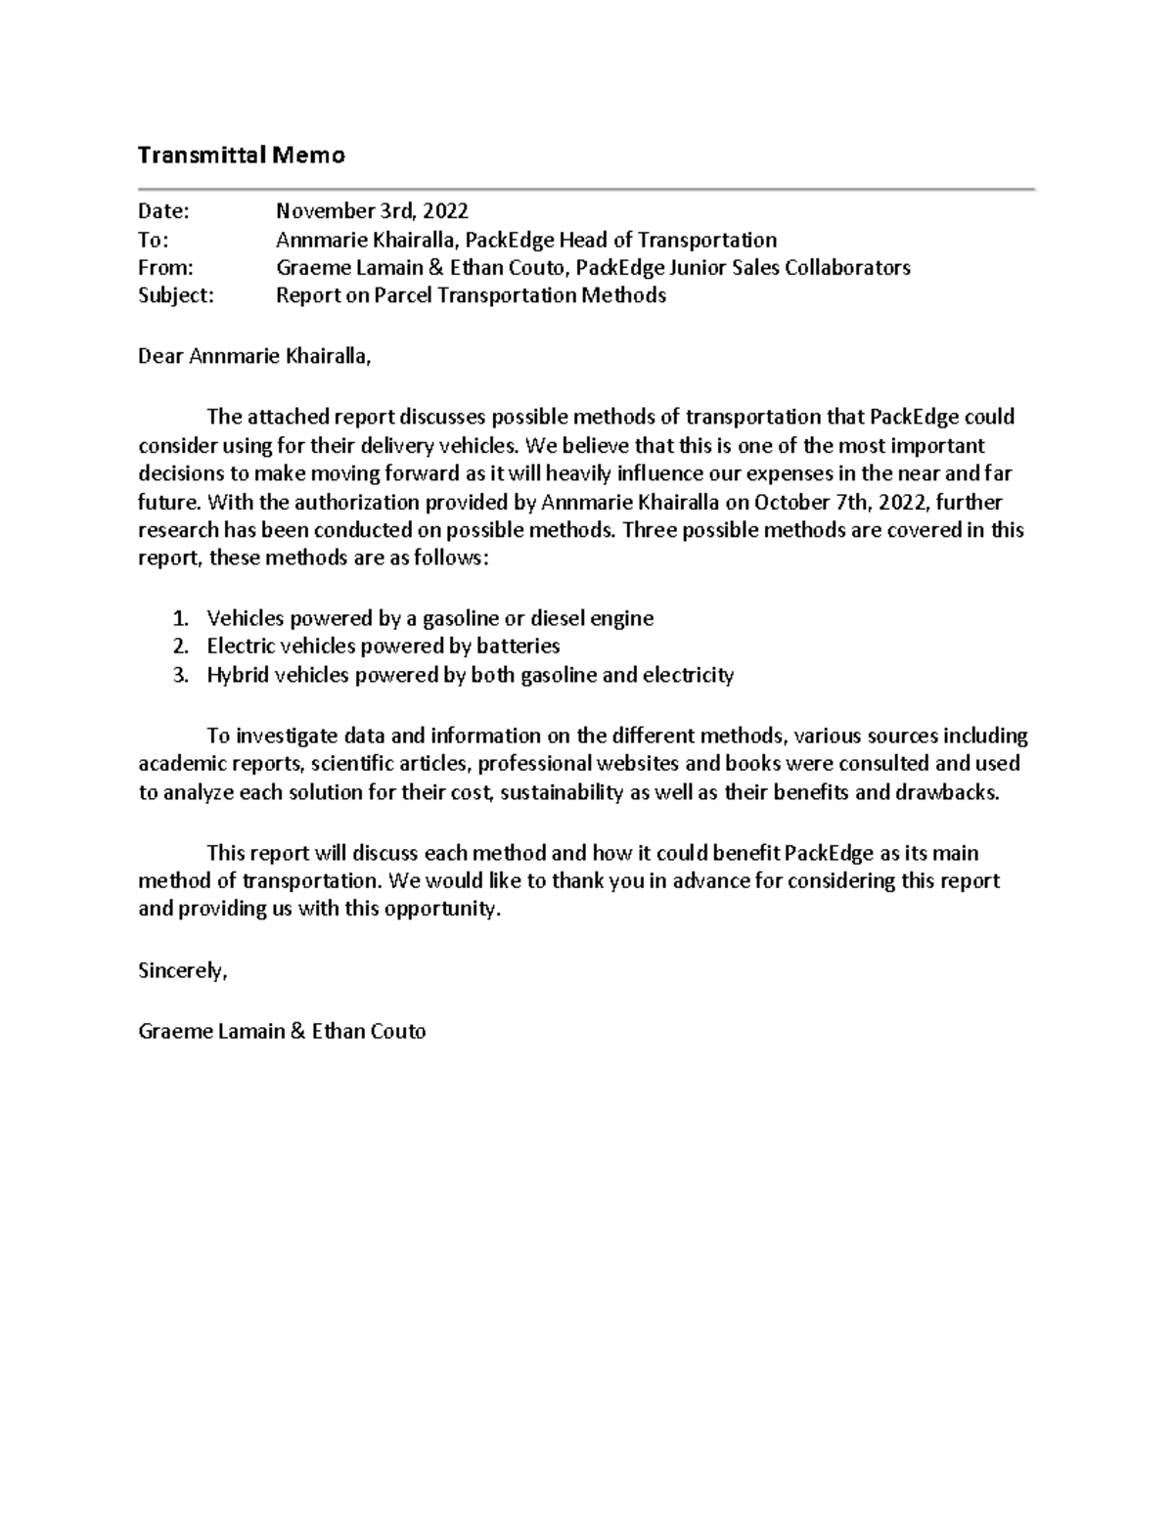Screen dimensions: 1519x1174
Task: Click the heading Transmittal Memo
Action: click(241, 155)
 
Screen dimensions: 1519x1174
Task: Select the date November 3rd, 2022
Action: click(372, 211)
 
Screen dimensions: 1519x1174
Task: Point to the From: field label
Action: click(165, 268)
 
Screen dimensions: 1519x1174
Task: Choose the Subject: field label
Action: click(175, 295)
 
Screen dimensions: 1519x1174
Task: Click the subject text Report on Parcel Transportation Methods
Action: click(471, 295)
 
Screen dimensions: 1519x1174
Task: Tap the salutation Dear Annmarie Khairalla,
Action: click(254, 356)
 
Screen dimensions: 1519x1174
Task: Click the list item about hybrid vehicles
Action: click(470, 675)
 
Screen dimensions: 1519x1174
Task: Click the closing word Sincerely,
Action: click(182, 971)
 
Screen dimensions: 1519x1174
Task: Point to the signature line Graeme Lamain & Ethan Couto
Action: click(282, 1031)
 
